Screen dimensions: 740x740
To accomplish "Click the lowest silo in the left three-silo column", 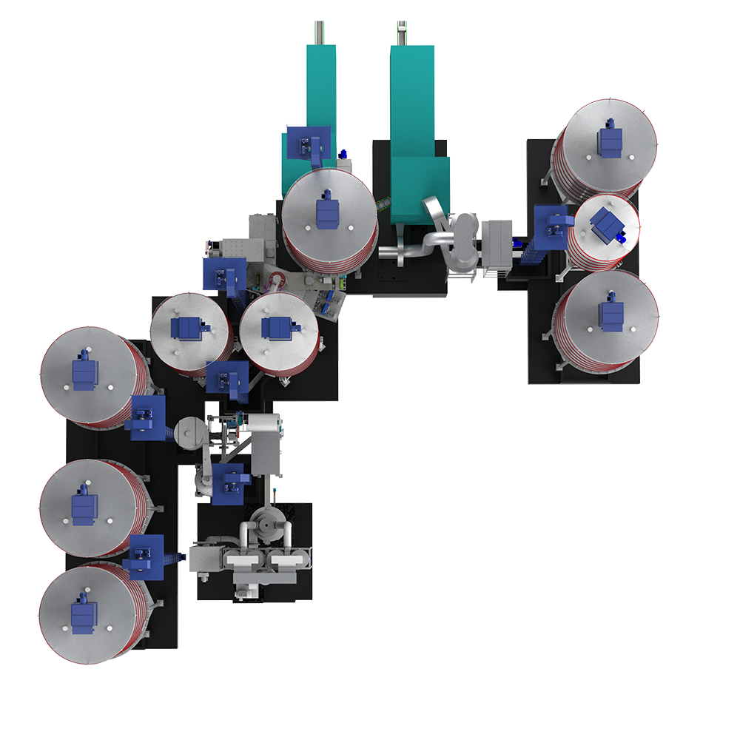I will [87, 614].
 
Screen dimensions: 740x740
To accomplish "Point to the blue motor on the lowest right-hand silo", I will [610, 314].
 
